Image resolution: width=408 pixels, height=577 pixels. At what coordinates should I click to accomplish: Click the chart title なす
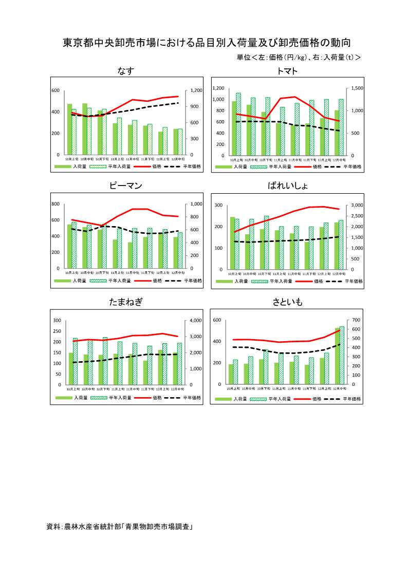click(126, 71)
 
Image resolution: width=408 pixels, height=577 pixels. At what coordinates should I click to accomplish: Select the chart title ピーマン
click(126, 186)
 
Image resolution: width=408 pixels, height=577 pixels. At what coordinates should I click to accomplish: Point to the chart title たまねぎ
click(126, 302)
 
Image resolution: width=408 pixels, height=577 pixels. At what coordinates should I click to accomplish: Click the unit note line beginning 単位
click(298, 58)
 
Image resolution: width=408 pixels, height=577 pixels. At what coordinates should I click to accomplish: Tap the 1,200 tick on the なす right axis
click(197, 90)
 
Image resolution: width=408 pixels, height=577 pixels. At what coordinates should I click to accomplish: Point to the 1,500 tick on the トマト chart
click(357, 88)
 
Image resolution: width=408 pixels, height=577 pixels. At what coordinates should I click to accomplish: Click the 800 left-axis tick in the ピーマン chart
click(55, 204)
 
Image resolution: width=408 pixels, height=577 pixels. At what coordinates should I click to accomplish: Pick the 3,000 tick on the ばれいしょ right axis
click(358, 205)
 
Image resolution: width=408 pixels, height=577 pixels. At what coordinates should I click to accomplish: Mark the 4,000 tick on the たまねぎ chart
click(197, 320)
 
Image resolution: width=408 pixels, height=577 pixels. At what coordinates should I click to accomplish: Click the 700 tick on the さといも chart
click(354, 320)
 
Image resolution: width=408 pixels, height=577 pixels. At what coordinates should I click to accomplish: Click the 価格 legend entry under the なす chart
click(157, 166)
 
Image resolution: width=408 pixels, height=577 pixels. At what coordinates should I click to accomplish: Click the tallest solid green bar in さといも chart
click(337, 356)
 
